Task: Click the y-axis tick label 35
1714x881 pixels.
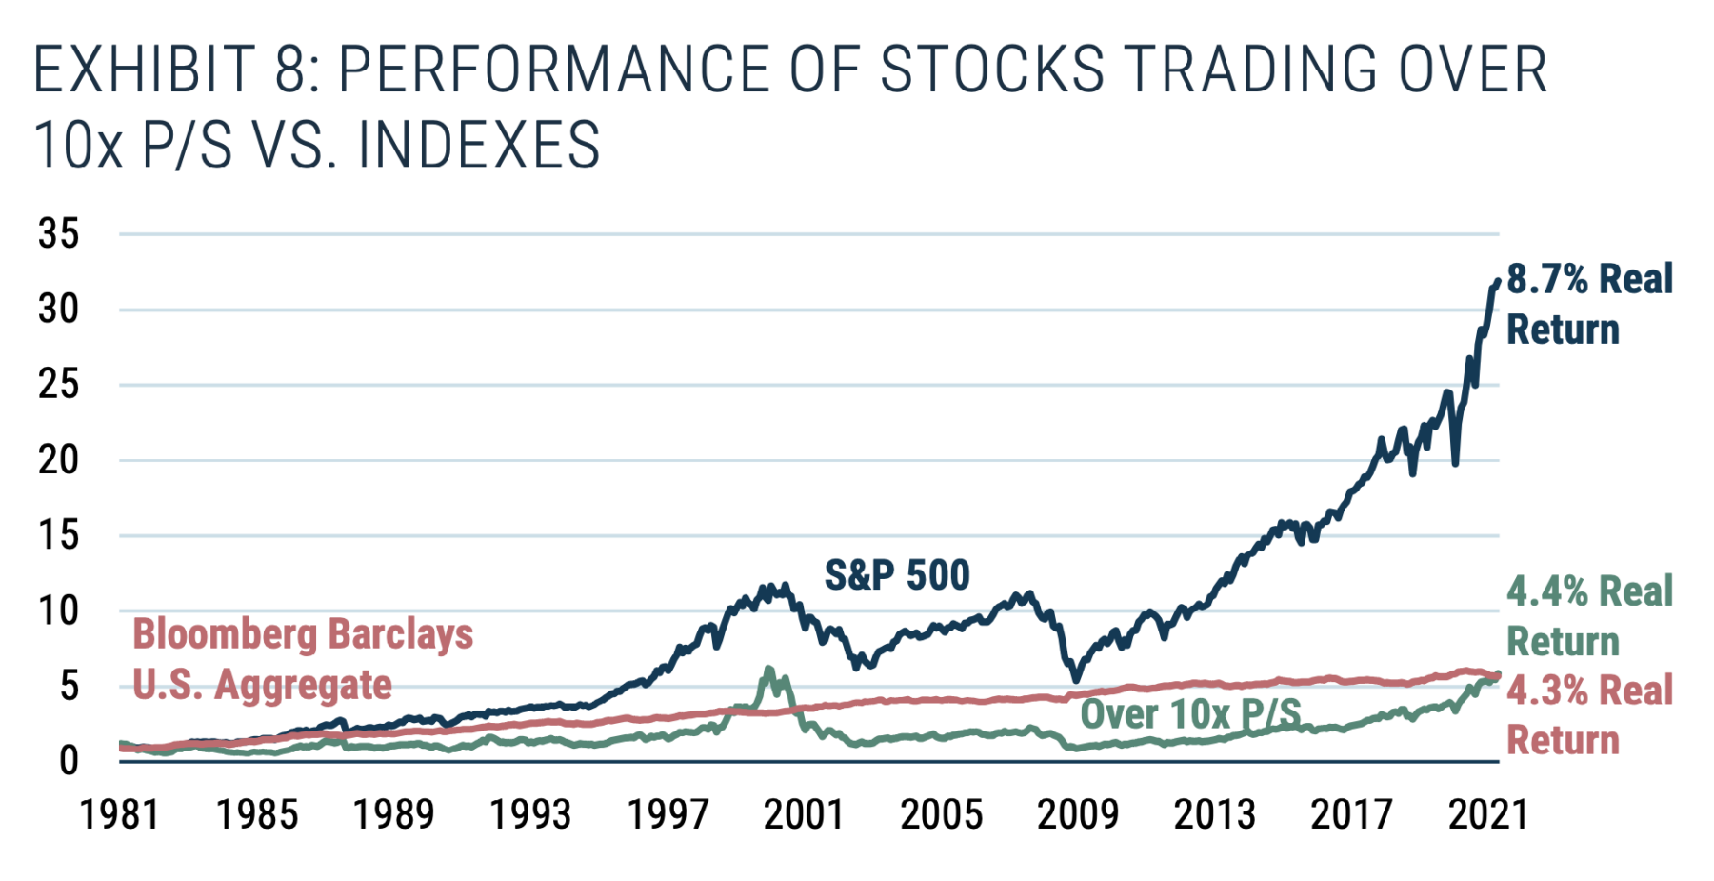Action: pos(59,233)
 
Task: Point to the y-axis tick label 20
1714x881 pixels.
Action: pos(59,460)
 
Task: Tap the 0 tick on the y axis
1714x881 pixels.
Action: pos(69,761)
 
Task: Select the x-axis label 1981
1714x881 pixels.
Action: pos(121,815)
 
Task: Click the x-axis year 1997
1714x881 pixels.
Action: pos(668,815)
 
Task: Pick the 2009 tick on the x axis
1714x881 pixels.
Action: pos(1078,815)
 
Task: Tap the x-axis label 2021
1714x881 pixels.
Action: pos(1488,815)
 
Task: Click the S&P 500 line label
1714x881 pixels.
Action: pos(896,575)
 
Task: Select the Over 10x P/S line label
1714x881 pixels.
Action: pos(1190,713)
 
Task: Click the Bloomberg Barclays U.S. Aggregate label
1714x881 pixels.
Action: pos(302,659)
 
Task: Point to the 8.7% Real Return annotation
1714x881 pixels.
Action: pos(1588,304)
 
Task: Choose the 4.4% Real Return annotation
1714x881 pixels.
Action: pos(1588,616)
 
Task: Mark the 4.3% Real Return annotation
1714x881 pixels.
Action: pos(1588,715)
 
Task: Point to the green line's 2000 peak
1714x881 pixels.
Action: pos(768,670)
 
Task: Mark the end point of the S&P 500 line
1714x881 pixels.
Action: pos(1498,281)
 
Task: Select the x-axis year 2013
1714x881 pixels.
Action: pos(1214,815)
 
